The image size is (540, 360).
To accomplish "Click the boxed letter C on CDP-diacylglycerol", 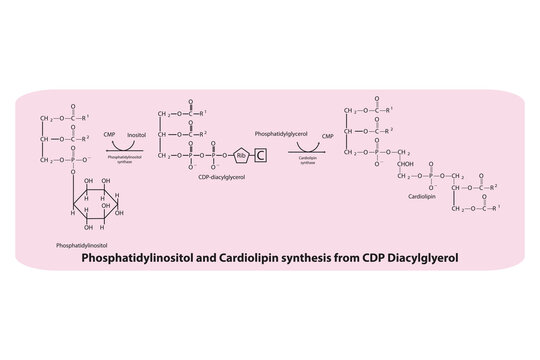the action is click(259, 155).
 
